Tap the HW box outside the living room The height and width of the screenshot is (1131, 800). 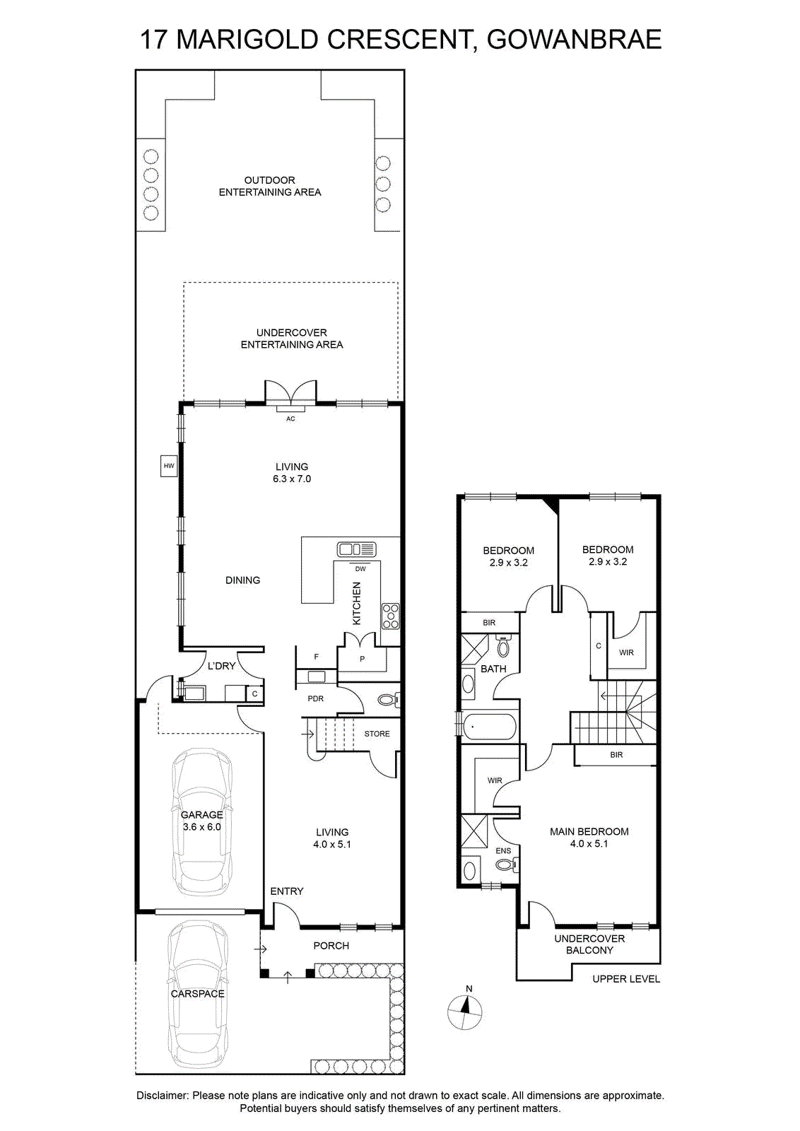169,466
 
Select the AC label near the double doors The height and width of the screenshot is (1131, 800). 290,418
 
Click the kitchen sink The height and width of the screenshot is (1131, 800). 356,549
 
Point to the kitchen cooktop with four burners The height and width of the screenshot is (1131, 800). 391,616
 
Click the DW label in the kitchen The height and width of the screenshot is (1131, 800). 360,569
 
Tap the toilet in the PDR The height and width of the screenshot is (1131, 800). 389,700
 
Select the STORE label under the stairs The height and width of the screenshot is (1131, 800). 377,734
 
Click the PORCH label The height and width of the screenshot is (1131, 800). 331,946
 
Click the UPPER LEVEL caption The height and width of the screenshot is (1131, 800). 626,979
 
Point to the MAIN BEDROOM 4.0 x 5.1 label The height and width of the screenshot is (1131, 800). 589,837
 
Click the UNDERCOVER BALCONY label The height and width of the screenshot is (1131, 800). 589,944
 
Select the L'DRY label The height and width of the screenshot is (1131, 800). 222,666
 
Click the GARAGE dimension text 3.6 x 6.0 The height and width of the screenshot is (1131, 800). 202,827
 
